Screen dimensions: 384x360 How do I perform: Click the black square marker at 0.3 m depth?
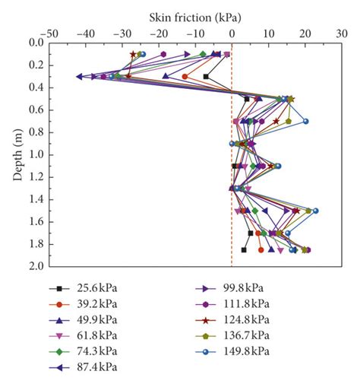(206, 76)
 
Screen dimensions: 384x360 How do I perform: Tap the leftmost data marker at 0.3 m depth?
(80, 76)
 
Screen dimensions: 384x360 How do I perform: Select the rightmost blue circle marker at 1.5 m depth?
(315, 211)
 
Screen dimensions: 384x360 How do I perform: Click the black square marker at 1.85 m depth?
(244, 249)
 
